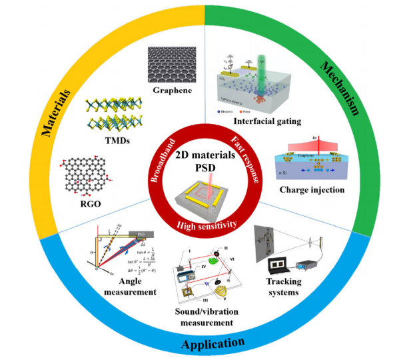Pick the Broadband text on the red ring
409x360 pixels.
159,154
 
